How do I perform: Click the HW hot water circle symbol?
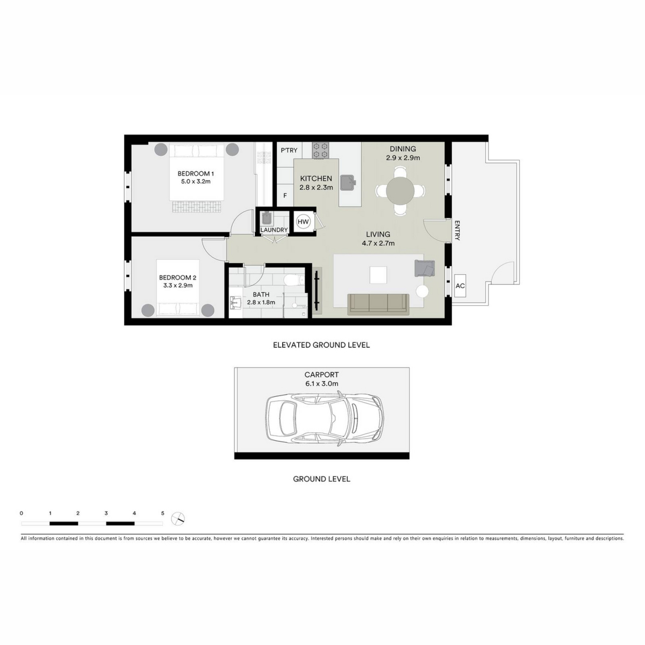303,222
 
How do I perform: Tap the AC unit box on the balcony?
460,286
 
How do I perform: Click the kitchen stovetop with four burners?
320,150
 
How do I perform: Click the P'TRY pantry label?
289,150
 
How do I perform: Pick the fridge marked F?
285,196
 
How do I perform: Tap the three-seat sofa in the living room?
378,304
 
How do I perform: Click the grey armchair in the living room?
425,268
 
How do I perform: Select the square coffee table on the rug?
378,275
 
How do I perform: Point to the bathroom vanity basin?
236,303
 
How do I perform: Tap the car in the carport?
325,418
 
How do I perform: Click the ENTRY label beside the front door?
457,230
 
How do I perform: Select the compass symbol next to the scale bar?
178,519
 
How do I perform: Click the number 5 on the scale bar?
163,513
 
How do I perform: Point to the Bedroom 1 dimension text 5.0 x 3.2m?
196,181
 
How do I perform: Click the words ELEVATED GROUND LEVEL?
321,345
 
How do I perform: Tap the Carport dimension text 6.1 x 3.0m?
322,383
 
